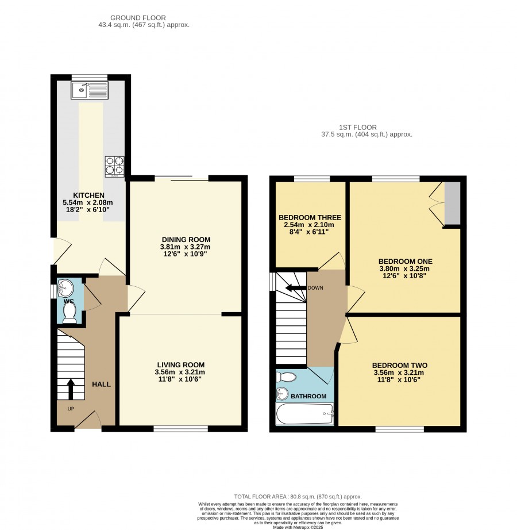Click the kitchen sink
(x=90, y=90)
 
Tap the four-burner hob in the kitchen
(x=114, y=166)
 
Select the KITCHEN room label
(x=89, y=195)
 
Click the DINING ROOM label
(x=186, y=240)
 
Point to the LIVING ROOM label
(x=181, y=365)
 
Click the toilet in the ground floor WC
(x=70, y=312)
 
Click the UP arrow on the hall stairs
(x=71, y=389)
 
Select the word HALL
(x=101, y=385)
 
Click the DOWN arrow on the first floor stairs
(x=296, y=288)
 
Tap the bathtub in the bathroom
(x=305, y=414)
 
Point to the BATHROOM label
(x=308, y=396)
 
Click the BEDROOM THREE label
(x=310, y=218)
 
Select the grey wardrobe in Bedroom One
(x=453, y=203)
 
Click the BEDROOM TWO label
(x=400, y=366)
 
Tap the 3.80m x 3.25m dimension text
(x=404, y=269)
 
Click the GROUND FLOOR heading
(x=138, y=18)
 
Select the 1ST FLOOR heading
(x=358, y=128)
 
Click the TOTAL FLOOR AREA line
(x=298, y=497)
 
